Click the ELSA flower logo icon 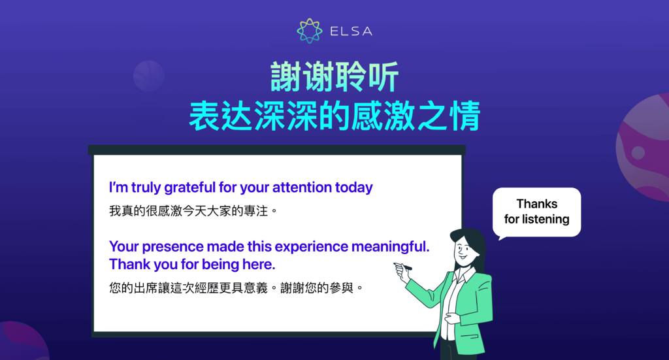pos(310,31)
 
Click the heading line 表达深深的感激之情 pos(334,117)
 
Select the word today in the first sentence pos(353,188)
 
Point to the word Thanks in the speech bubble pos(537,204)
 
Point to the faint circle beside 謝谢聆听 pos(148,76)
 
